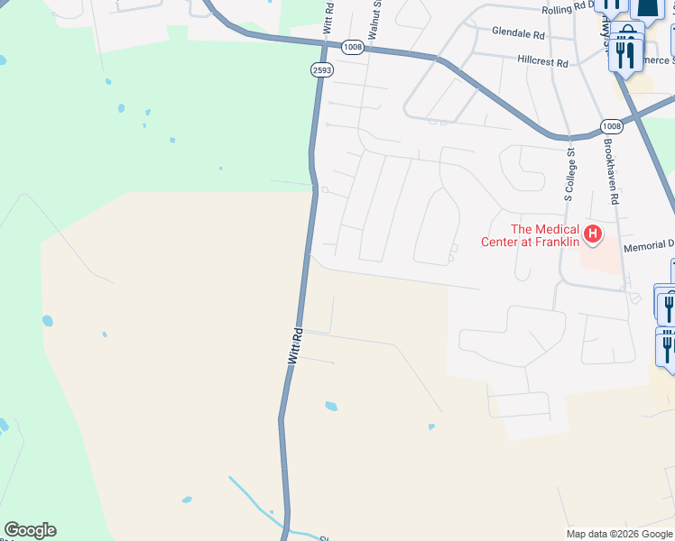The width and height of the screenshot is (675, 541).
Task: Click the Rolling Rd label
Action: tap(569, 10)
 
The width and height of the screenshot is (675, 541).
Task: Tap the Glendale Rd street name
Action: tap(518, 33)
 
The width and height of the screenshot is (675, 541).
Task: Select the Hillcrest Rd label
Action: tap(542, 62)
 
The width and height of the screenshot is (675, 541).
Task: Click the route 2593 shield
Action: tap(320, 69)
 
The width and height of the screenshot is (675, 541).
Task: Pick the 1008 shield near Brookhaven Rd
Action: tap(611, 126)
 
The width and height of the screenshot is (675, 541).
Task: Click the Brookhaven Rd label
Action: tap(612, 172)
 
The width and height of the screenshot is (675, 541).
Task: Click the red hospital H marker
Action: tap(593, 235)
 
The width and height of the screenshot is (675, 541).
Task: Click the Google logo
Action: tap(30, 530)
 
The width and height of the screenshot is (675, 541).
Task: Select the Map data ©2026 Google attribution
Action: tap(619, 534)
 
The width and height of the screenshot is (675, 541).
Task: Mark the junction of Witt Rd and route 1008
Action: tap(324, 43)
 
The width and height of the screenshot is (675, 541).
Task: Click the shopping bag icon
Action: tap(627, 34)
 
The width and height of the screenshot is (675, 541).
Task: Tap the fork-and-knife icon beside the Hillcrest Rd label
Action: tap(625, 56)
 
